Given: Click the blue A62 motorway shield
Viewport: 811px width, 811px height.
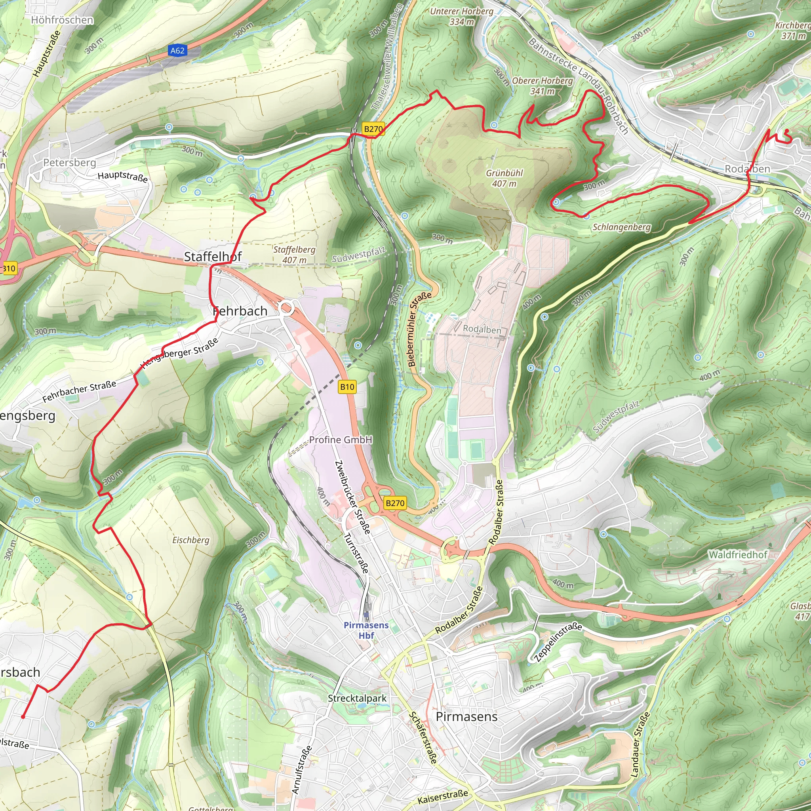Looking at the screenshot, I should [177, 51].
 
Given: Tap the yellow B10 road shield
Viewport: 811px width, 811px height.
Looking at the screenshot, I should [347, 386].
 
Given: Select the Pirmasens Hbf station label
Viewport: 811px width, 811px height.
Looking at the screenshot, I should [366, 630].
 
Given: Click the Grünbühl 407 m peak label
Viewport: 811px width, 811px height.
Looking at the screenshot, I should [504, 178].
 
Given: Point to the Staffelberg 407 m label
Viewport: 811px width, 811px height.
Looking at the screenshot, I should [294, 254].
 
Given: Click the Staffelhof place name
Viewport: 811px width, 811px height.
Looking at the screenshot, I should [213, 257].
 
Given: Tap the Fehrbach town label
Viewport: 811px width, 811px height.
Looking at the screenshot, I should [240, 311].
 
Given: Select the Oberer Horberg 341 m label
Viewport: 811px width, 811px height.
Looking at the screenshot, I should [543, 86].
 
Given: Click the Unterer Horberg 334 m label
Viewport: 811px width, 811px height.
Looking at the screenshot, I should [462, 16].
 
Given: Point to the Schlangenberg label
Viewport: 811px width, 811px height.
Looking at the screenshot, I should [622, 227].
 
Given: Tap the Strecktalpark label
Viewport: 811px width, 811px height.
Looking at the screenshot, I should [357, 698].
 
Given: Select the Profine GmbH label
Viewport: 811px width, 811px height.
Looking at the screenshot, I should [341, 440].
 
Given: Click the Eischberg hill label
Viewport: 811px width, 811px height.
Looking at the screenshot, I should [190, 540].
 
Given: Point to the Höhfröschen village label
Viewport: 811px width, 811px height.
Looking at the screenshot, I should [62, 20].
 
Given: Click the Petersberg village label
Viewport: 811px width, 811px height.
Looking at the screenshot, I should [70, 162].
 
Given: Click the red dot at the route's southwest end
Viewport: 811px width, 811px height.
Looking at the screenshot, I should [23, 717].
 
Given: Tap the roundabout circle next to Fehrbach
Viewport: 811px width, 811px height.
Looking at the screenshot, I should [286, 308].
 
